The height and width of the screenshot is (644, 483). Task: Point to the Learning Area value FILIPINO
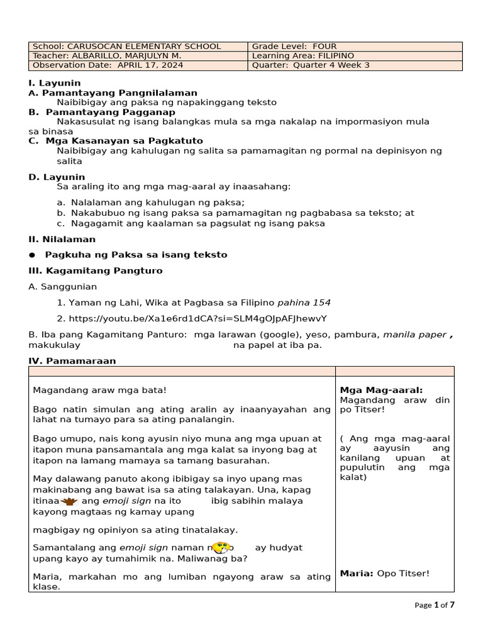pos(326,56)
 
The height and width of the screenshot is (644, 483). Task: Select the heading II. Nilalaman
pos(62,240)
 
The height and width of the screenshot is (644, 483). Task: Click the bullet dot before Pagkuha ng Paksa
pos(32,255)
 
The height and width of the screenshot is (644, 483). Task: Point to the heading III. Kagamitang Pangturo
pos(95,271)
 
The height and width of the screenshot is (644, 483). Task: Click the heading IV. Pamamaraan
pos(72,361)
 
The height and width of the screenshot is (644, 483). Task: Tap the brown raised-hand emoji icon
pos(69,501)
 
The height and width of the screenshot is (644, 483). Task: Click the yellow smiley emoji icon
pos(221,548)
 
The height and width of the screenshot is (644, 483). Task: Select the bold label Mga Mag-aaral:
pos(381,391)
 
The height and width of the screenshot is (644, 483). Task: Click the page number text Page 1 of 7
pos(435,605)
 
